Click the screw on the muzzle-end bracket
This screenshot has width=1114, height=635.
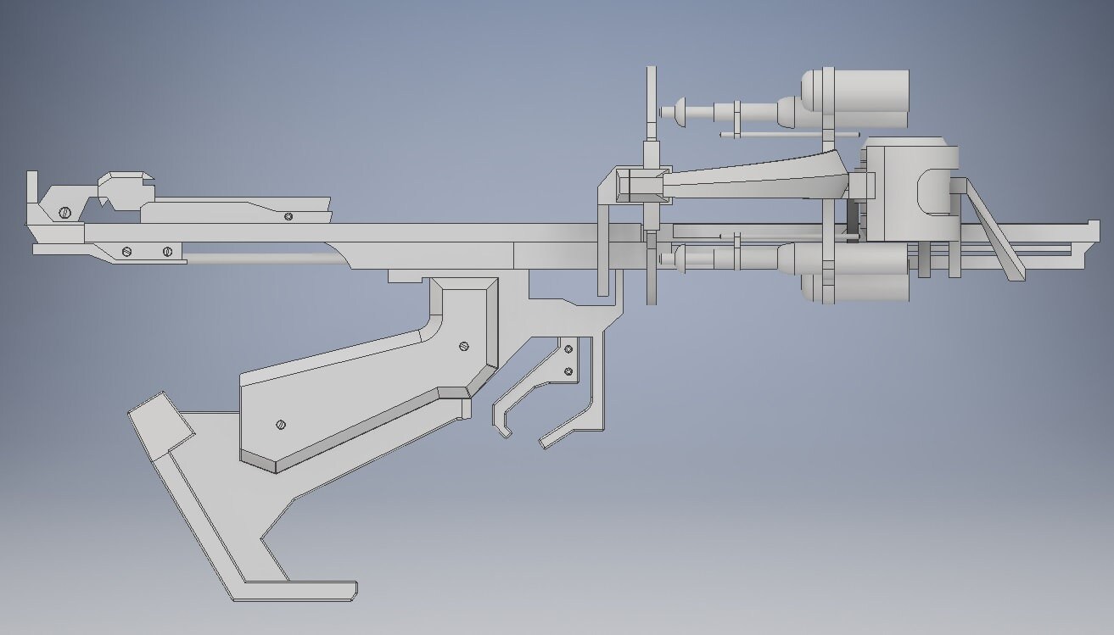[x=64, y=212]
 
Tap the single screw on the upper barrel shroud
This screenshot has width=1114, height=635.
[x=289, y=216]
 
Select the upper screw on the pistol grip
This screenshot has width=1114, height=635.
[x=463, y=345]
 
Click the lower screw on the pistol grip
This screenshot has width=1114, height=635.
[x=281, y=424]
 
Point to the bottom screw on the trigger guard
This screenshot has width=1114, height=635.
[x=568, y=371]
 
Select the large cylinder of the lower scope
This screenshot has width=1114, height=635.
[x=870, y=273]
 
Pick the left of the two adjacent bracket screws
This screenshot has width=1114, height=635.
[x=127, y=251]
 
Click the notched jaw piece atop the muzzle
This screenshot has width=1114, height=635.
[x=126, y=188]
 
